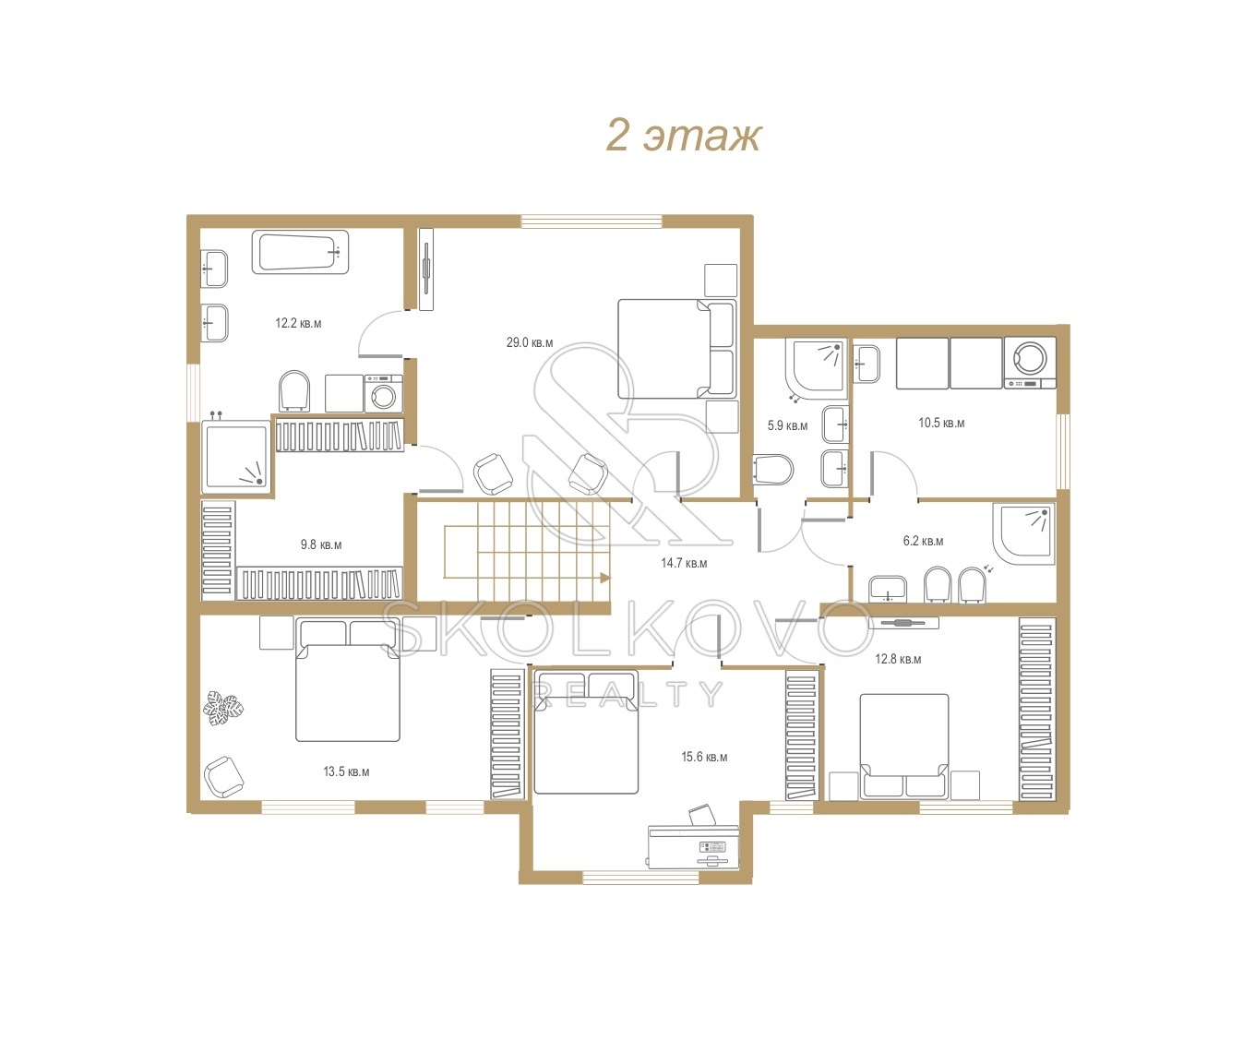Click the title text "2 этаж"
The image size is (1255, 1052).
click(x=684, y=137)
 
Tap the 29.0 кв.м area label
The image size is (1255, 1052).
click(x=530, y=342)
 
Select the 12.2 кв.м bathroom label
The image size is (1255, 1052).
click(x=298, y=323)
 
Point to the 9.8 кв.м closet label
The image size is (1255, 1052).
click(x=321, y=544)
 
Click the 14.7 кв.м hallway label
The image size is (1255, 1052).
click(x=684, y=563)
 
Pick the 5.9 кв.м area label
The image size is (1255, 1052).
click(x=787, y=425)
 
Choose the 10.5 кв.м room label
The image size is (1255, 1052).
click(x=941, y=423)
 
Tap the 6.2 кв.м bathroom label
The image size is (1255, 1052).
click(x=923, y=541)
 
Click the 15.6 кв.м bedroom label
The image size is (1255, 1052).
click(x=704, y=757)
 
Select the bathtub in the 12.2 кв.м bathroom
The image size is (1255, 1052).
click(x=300, y=253)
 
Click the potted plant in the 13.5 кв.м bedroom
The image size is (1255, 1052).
click(x=222, y=708)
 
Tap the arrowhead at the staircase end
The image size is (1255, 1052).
click(x=605, y=578)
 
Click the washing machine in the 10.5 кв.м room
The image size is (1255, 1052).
click(x=1030, y=363)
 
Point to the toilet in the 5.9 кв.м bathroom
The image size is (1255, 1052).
click(x=773, y=470)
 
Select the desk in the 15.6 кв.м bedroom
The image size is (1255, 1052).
click(x=693, y=846)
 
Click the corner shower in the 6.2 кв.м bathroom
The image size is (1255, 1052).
click(x=1024, y=533)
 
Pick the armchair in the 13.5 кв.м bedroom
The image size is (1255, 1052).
click(x=223, y=777)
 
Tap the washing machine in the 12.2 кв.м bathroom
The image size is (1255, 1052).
click(x=383, y=393)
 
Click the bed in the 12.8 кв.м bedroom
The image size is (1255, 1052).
click(x=904, y=747)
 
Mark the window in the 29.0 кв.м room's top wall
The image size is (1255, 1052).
click(x=592, y=221)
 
